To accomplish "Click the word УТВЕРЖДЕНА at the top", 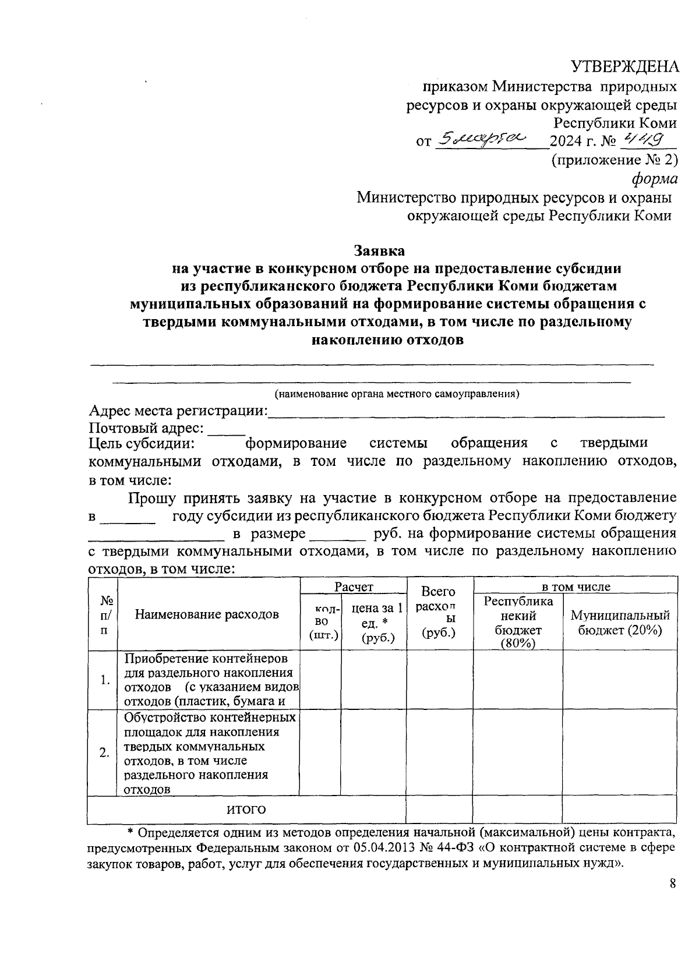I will click(624, 66).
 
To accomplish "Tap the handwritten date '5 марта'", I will click(481, 139).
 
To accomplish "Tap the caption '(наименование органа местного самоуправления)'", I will click(397, 394).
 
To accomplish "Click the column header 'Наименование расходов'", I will click(207, 614).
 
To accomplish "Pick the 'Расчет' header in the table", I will click(353, 586).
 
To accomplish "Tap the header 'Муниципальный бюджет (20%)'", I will click(620, 622).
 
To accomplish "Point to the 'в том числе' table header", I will click(576, 586).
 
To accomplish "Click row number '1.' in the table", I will click(105, 680).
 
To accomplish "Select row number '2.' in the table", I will click(104, 753).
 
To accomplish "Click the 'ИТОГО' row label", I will click(246, 810).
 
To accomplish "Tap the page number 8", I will click(673, 883).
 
